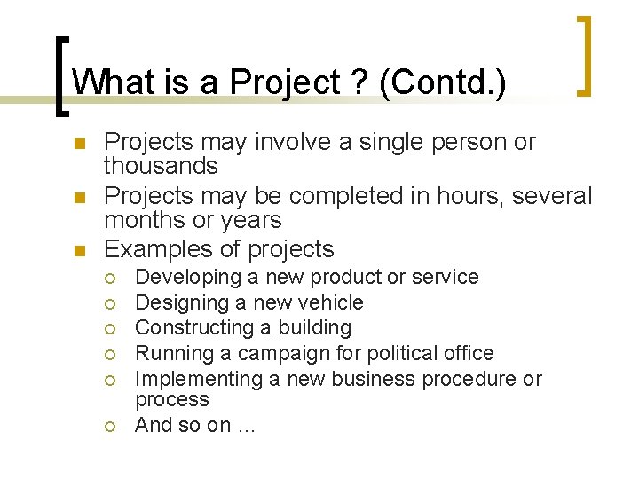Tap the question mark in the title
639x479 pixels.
point(357,82)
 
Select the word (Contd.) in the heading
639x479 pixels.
point(442,82)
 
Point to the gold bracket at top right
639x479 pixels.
point(585,55)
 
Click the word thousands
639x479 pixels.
point(161,166)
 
